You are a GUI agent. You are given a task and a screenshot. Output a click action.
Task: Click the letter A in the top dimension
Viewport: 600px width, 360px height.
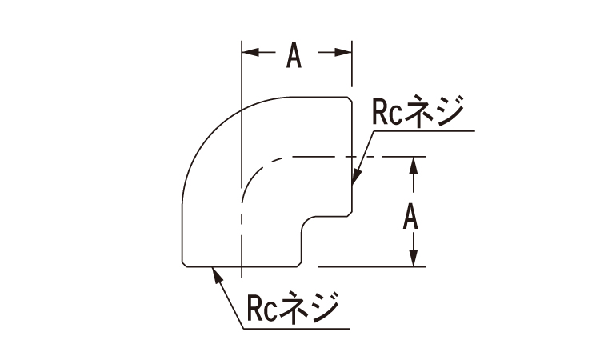click(294, 55)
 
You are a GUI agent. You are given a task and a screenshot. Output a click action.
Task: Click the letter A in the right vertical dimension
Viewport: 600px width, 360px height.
click(410, 217)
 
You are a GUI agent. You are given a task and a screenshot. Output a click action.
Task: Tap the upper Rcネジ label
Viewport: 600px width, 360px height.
click(418, 111)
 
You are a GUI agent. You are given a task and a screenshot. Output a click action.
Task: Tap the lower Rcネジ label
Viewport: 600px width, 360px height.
click(293, 307)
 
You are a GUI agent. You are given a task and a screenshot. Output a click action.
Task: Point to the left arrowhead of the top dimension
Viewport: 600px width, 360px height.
click(250, 53)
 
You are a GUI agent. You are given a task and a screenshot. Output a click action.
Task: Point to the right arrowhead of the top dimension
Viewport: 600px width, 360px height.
click(343, 53)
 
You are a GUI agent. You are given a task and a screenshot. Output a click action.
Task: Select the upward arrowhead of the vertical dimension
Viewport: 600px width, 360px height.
click(414, 166)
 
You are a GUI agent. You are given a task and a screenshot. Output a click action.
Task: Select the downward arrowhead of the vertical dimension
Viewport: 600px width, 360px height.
click(414, 258)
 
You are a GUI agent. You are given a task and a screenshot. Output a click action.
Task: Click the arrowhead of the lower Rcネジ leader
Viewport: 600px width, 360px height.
click(217, 275)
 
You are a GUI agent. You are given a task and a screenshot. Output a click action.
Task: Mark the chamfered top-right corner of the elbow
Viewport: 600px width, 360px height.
click(350, 99)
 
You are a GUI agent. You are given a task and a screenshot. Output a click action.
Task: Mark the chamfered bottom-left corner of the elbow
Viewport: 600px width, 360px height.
click(185, 264)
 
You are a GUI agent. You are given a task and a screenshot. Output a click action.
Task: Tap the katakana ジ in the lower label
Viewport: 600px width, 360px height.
click(324, 307)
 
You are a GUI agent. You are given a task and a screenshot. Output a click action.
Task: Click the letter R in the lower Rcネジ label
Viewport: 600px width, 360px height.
click(255, 307)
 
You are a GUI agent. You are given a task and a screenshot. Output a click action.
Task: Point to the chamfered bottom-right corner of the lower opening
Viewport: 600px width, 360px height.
click(299, 264)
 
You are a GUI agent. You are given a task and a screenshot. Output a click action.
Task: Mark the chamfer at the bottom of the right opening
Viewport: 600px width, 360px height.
click(350, 214)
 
